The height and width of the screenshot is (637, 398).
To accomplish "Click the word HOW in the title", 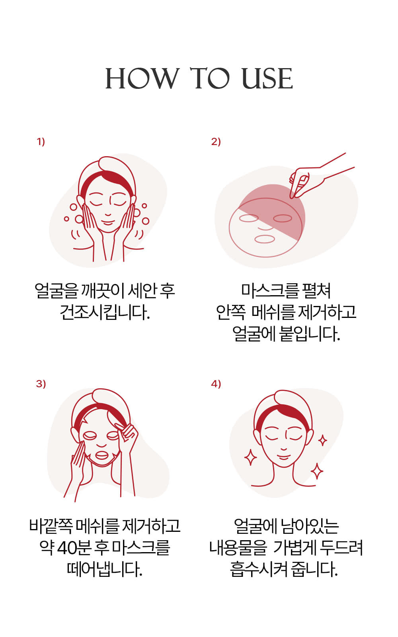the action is click(x=142, y=78).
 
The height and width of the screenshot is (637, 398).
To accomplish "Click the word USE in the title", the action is click(x=267, y=78).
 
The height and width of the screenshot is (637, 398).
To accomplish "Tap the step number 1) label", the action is click(x=41, y=141).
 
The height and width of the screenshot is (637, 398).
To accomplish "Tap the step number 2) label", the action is click(x=216, y=141).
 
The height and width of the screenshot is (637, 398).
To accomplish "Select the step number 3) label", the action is click(x=41, y=384).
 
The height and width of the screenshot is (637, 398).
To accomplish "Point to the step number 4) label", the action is click(x=216, y=384).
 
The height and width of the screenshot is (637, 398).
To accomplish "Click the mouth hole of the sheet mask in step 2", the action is click(x=265, y=239).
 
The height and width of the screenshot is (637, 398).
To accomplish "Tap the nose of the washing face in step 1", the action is click(x=108, y=214).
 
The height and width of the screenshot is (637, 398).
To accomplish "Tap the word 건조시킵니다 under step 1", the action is click(x=105, y=312).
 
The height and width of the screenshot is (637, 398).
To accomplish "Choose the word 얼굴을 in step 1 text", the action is click(x=56, y=291).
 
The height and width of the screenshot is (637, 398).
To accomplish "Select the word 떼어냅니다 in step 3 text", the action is click(x=105, y=569).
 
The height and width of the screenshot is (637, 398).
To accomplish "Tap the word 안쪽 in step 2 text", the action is click(x=231, y=312).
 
